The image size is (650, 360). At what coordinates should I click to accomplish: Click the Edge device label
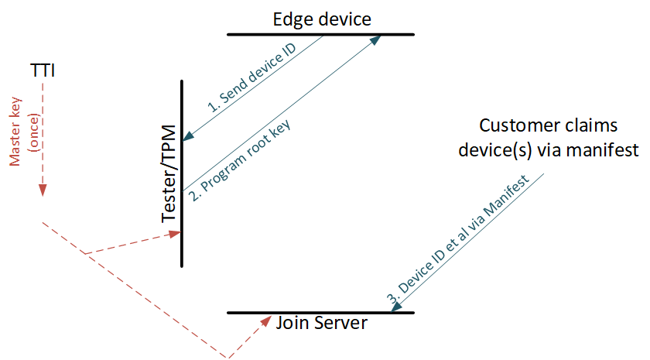(x=322, y=19)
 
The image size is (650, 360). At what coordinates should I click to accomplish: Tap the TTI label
(x=43, y=70)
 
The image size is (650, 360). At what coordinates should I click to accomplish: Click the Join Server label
(x=321, y=323)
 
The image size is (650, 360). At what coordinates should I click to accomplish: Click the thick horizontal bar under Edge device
(x=321, y=35)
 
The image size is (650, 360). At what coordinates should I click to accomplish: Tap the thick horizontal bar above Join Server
(x=321, y=313)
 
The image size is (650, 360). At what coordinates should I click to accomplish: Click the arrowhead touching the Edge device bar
(x=376, y=40)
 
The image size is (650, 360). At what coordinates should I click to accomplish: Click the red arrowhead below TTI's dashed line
(x=43, y=190)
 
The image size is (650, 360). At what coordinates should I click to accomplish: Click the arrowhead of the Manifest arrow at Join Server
(x=396, y=307)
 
